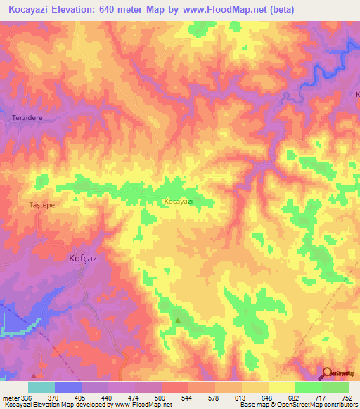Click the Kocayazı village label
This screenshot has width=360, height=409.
point(178,201)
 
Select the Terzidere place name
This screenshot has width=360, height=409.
point(27,119)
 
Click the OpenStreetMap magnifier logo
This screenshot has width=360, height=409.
point(327,374)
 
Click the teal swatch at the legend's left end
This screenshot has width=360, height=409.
point(41,387)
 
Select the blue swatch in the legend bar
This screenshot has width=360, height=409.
point(68,387)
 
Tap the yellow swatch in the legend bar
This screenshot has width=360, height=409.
point(281,387)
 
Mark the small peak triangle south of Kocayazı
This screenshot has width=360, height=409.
point(178,320)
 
